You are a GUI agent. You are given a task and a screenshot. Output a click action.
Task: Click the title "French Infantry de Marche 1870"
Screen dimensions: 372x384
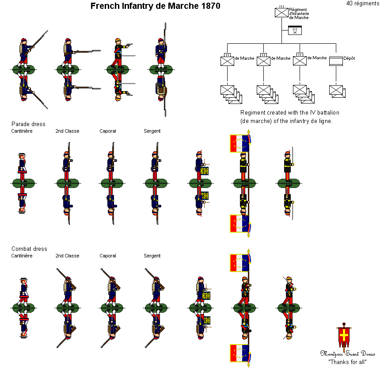155,6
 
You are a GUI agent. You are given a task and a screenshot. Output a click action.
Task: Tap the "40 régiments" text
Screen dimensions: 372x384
363,4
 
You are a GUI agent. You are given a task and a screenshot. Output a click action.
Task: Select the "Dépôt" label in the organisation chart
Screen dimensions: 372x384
349,58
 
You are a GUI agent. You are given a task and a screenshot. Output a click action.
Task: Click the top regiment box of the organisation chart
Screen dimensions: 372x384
281,12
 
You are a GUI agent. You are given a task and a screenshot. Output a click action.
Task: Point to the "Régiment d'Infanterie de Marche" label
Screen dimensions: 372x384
299,13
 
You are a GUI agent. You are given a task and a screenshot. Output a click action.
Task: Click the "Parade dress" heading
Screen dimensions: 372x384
28,124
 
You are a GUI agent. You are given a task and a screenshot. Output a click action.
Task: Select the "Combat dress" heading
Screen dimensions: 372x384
29,249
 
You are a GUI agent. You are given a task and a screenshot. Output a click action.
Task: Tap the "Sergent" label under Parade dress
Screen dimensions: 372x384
152,131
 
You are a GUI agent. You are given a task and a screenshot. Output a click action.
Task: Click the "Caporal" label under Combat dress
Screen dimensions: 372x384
108,256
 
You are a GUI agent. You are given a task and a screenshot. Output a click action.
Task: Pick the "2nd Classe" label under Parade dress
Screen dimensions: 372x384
67,131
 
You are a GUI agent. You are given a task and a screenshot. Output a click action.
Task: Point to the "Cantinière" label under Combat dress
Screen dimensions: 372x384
22,256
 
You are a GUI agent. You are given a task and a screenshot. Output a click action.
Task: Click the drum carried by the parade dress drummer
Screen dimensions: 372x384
204,171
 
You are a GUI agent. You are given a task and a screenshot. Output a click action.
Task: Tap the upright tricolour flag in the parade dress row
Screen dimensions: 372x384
240,143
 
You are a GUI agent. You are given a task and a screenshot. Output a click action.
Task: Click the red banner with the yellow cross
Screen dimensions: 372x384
343,337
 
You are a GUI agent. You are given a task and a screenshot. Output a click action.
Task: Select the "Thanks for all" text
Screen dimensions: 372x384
348,362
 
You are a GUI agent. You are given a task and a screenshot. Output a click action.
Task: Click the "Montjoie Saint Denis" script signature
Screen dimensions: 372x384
348,354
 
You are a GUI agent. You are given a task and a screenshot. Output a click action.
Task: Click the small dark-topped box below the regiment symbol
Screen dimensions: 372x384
295,31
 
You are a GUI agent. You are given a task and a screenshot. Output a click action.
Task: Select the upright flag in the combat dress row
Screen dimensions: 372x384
240,263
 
